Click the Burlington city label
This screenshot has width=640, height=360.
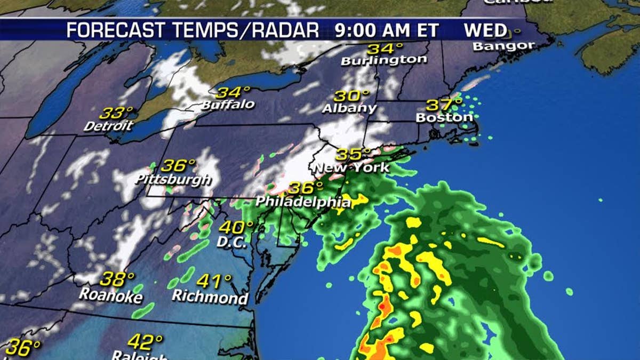(x=384, y=60)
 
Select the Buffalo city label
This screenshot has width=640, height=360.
(x=228, y=105)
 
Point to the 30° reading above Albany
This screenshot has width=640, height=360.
(x=352, y=97)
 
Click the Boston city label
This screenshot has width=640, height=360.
(x=444, y=117)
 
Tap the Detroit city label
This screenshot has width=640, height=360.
(x=108, y=126)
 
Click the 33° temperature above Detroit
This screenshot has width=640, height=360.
(x=116, y=113)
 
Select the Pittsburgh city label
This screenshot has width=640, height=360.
(x=173, y=179)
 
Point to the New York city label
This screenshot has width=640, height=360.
(x=352, y=168)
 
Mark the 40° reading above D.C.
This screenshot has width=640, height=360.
(x=236, y=227)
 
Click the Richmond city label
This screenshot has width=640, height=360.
(x=210, y=296)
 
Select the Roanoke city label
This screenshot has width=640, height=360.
(x=111, y=294)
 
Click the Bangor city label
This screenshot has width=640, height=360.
(x=503, y=46)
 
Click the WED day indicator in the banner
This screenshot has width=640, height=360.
(x=485, y=30)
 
